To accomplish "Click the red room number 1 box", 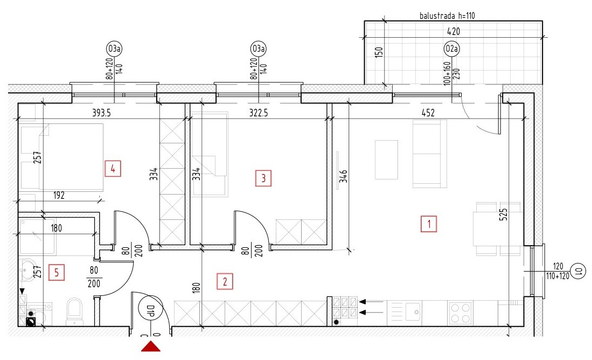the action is point(429,224).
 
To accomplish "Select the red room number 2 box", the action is point(225,281).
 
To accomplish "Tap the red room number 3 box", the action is point(263,178).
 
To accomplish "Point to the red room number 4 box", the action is point(113,169).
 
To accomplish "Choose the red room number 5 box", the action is point(57,272).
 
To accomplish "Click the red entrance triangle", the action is point(151,347).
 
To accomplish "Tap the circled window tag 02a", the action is point(451,49).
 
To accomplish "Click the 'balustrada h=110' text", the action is point(448,16).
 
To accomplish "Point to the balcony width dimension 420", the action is point(454,31).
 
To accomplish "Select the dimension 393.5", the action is point(102,113).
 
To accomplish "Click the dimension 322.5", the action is point(259,113).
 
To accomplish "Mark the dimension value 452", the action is point(428,113).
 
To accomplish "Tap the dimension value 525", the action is point(503,214).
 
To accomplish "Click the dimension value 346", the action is point(343,176).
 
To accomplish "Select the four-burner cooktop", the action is point(461,313).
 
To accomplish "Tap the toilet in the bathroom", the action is point(74,312).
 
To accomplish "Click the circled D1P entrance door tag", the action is point(151,308).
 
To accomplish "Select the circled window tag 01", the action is point(579,271).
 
